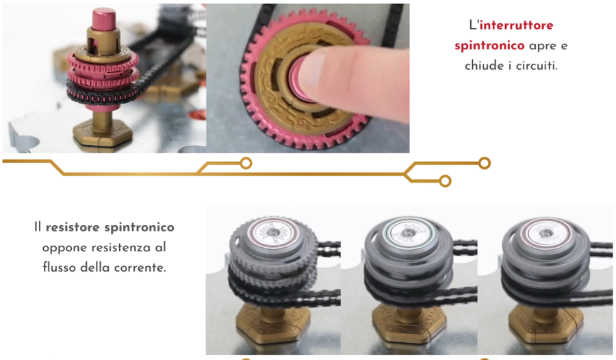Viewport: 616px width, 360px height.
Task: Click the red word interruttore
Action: [516, 26]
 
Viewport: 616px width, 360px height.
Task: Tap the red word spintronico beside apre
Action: [489, 46]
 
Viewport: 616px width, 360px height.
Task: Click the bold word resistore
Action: [74, 227]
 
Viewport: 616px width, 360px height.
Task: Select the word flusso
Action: [58, 268]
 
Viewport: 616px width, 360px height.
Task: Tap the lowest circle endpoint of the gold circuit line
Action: [445, 181]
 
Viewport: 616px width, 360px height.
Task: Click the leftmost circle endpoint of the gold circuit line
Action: [246, 163]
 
